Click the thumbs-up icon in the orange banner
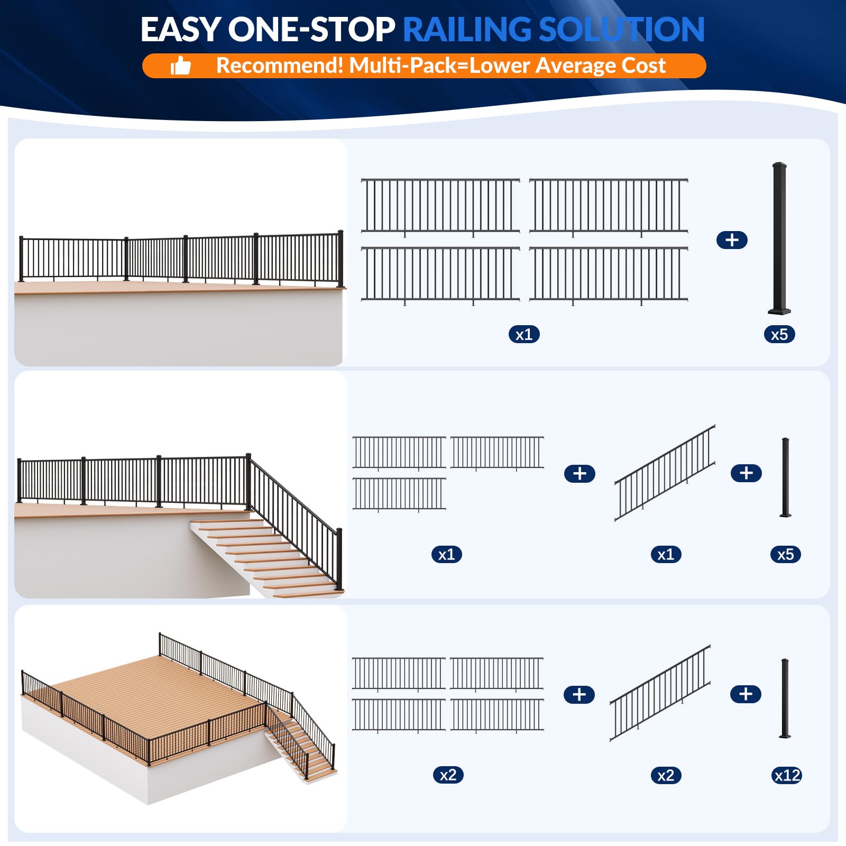point(180,67)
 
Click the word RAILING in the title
point(467,30)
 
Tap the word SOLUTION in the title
point(621,30)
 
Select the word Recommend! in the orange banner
point(280,66)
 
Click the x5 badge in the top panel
point(779,334)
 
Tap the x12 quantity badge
point(787,776)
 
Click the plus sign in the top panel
point(732,240)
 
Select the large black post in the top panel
point(780,238)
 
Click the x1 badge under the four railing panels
point(524,334)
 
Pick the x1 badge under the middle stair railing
point(666,554)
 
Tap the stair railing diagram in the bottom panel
point(660,693)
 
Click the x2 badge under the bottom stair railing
point(666,776)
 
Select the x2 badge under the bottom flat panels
point(448,775)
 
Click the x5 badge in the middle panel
point(785,554)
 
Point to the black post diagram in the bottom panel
point(785,698)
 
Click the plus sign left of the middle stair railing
point(580,473)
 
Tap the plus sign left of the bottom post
point(746,694)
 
